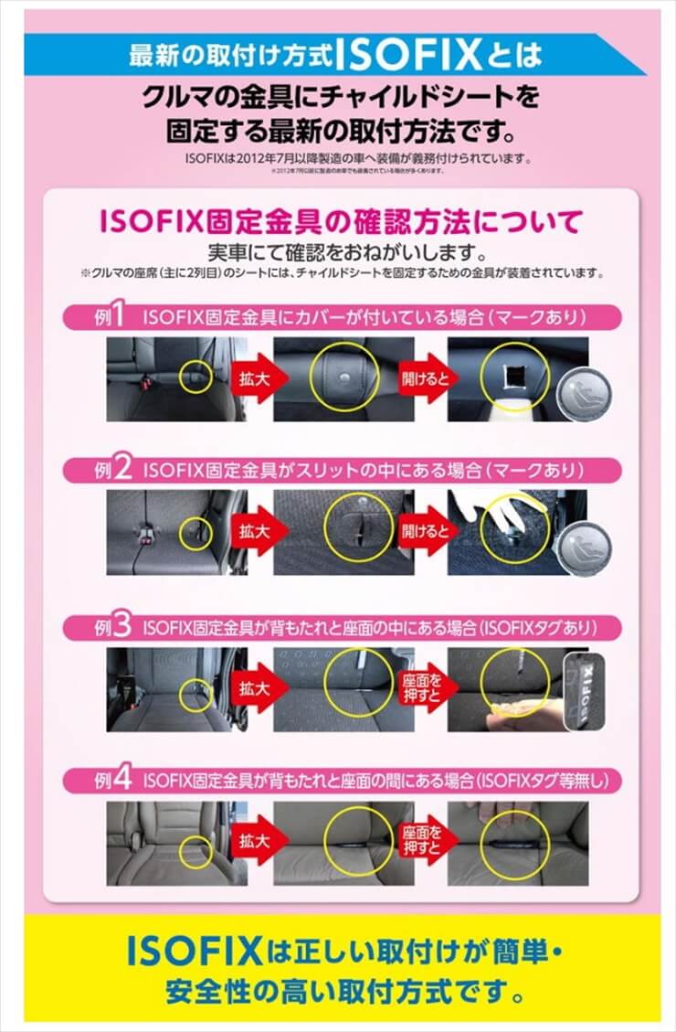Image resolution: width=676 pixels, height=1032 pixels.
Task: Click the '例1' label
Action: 109,316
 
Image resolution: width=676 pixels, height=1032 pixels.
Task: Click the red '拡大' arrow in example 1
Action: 251,378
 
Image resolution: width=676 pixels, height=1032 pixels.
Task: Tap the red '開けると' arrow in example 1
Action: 422,378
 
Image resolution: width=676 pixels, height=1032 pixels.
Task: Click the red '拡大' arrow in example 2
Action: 251,531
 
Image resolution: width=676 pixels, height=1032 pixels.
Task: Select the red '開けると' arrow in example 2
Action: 422,531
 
